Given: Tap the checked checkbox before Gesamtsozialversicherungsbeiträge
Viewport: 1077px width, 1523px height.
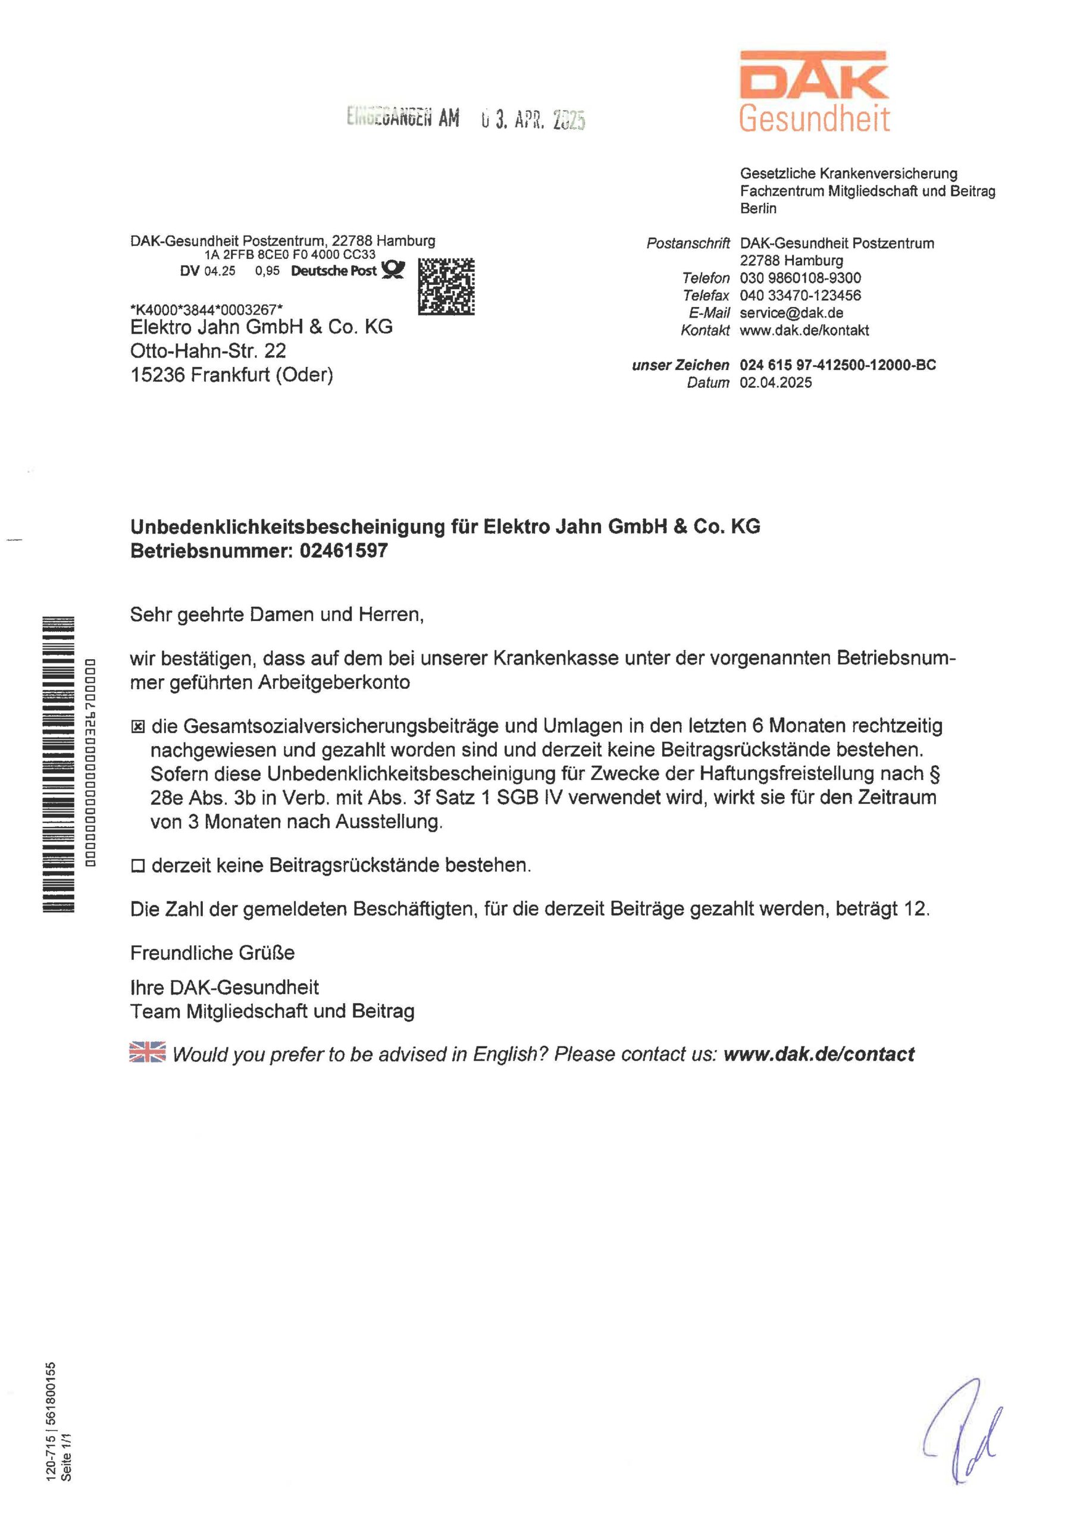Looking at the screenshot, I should click(x=138, y=728).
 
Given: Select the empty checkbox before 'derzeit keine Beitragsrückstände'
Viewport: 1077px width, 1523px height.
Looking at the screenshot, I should click(x=138, y=866).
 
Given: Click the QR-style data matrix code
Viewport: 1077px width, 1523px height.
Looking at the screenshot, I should click(x=446, y=287).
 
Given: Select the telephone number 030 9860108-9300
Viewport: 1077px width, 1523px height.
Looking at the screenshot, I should click(x=800, y=278).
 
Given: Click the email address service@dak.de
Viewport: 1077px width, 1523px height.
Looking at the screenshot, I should click(x=791, y=312).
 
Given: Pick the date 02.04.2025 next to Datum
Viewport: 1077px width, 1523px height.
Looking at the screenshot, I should click(x=776, y=383).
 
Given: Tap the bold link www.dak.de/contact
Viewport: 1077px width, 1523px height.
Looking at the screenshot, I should click(x=818, y=1054).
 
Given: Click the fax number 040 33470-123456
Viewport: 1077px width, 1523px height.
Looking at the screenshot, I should click(x=800, y=295).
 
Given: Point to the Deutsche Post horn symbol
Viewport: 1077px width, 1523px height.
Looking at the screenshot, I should click(x=392, y=270).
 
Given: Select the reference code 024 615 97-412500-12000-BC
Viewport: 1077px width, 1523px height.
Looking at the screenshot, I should click(x=837, y=365).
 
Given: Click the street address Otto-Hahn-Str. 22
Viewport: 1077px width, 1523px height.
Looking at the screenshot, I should click(x=208, y=351).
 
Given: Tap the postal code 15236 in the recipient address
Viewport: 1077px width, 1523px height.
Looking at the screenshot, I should click(x=158, y=375).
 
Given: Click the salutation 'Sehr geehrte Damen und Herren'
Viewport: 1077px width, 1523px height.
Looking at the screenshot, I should click(x=277, y=615).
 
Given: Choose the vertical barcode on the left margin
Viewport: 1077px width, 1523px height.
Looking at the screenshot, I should click(x=59, y=765).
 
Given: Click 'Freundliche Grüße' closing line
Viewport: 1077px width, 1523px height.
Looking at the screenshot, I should click(x=212, y=953).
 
